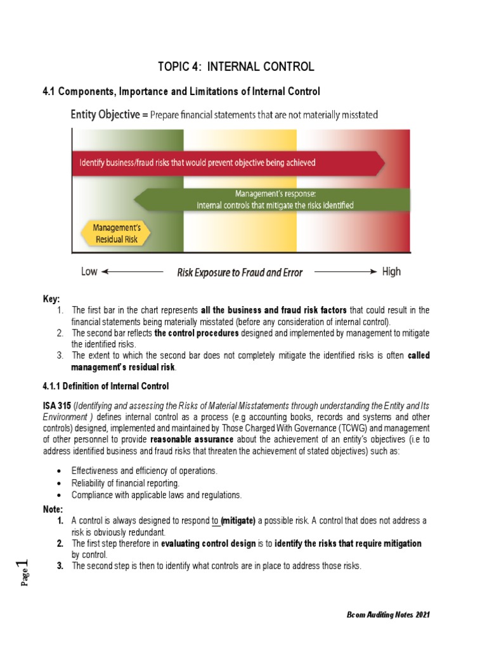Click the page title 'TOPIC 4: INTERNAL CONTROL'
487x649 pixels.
tap(235, 67)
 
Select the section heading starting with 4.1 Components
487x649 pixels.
tap(181, 92)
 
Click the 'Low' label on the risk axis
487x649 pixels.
tap(89, 272)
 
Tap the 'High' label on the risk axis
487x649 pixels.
tap(391, 272)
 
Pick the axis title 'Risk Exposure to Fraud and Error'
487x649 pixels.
tap(239, 273)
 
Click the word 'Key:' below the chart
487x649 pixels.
tap(51, 299)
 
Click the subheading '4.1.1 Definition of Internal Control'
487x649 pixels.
tap(105, 386)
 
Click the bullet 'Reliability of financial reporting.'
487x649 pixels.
tap(121, 484)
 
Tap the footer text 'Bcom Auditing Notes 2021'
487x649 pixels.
tap(390, 615)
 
